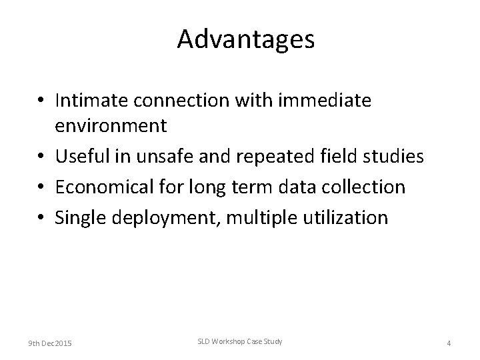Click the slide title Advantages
[245, 40]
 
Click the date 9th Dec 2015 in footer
[51, 343]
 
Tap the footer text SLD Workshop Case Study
[239, 341]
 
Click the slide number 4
[449, 343]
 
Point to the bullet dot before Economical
[42, 188]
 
